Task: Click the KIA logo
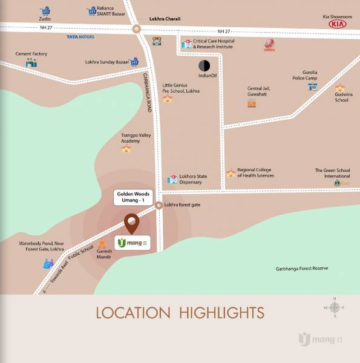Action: pyautogui.click(x=338, y=24)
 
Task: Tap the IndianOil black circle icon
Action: pyautogui.click(x=204, y=65)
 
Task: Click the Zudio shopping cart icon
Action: pyautogui.click(x=45, y=11)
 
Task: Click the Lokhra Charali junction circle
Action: pyautogui.click(x=137, y=28)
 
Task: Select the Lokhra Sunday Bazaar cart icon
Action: pyautogui.click(x=135, y=61)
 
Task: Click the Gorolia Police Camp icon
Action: pyautogui.click(x=312, y=87)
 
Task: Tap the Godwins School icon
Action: pyautogui.click(x=341, y=88)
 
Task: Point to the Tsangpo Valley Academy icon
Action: pyautogui.click(x=126, y=149)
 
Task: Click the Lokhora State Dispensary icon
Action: pyautogui.click(x=172, y=180)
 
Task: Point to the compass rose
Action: pyautogui.click(x=334, y=307)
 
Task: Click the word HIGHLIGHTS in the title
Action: pyautogui.click(x=222, y=313)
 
